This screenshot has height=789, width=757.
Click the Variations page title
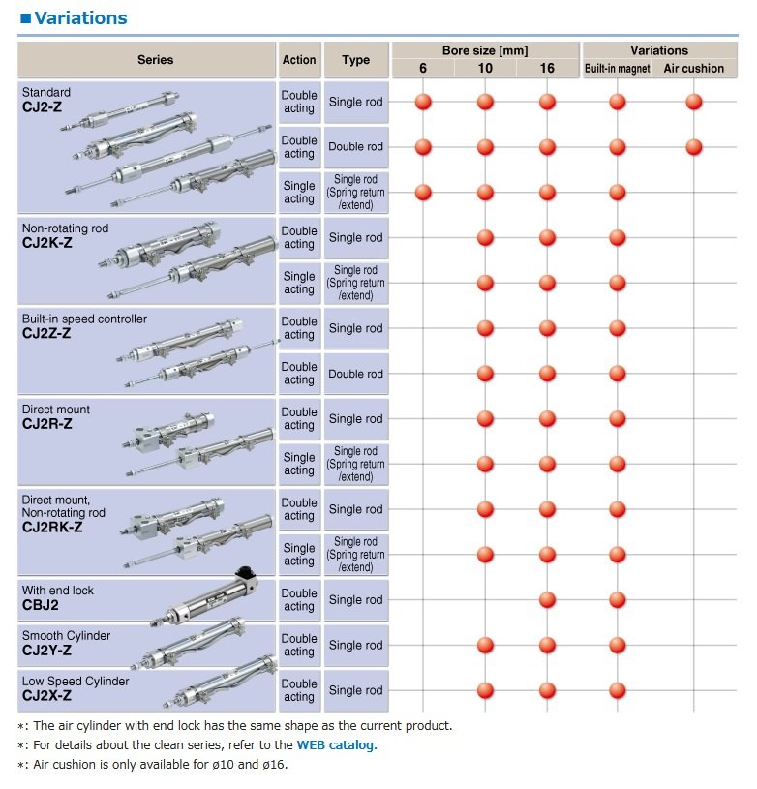79,18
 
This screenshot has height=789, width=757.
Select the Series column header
155,60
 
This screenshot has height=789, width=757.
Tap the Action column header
299,60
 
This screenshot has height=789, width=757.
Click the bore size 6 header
423,69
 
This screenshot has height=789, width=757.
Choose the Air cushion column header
694,69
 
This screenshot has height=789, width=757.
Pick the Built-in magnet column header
618,69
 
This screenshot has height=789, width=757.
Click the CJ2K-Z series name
46,243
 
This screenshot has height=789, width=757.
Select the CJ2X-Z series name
47,696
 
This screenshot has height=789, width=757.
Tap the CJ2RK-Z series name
52,528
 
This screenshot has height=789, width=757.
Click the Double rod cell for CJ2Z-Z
355,374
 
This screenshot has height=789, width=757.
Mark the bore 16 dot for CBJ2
547,600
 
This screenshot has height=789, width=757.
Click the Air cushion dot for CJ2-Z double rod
693,147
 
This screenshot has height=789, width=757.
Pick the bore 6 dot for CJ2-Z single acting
423,192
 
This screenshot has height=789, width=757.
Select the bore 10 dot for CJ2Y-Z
485,646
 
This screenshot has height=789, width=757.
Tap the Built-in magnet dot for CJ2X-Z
618,690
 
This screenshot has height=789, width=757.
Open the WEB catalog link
337,744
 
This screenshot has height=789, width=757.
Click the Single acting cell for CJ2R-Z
299,464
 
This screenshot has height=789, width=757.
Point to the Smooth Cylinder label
66,636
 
